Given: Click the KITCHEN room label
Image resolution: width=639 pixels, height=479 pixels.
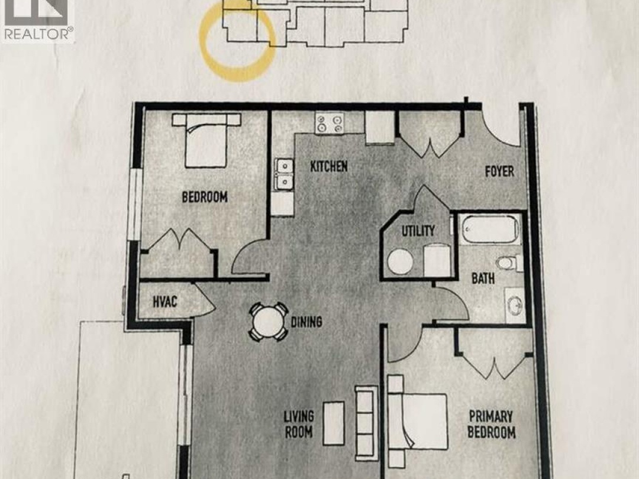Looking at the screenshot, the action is pos(329,166).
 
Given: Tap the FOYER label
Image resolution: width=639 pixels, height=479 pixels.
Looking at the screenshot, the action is pos(499,171).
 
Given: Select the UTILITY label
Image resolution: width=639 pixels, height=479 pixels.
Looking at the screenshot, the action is pos(418,231).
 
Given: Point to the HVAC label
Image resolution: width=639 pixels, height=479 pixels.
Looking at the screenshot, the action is pos(165,302).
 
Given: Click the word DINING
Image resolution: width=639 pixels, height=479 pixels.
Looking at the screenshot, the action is pos(306,322).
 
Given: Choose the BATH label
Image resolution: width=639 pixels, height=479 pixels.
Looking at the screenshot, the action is pos(483,279).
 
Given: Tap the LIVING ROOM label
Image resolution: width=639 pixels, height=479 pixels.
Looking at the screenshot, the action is pos(299,424).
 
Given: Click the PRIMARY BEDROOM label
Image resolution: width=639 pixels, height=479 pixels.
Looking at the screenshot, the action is pos(492,424).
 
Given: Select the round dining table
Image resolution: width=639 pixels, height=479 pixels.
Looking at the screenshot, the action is pos(268,322).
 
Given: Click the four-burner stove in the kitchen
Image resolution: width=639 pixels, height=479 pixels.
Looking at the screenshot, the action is pos(330,123).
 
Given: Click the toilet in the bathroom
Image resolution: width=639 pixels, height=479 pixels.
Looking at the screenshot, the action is pos(510,263).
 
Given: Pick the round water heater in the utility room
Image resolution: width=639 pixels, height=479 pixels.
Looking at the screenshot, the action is pos(400,261).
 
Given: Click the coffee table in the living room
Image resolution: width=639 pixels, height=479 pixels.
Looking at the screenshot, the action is pos(334,423).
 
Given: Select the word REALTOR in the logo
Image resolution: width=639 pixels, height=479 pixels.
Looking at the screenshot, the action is pos(37,34).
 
